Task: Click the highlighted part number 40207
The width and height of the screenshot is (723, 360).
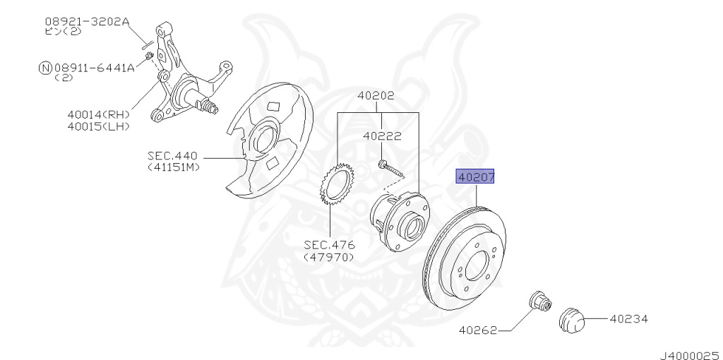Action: (x=475, y=176)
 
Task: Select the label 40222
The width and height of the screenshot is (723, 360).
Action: (x=382, y=136)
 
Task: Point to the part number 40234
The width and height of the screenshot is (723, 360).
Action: (x=629, y=318)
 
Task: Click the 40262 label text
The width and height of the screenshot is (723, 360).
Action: (x=478, y=330)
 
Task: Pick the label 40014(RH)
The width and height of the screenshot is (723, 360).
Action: (x=98, y=114)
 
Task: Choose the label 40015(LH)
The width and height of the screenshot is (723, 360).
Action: (x=98, y=126)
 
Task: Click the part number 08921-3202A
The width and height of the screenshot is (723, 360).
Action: (x=88, y=21)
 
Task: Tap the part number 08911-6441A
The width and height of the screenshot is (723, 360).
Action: (x=95, y=68)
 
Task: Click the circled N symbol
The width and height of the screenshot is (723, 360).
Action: (x=45, y=68)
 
